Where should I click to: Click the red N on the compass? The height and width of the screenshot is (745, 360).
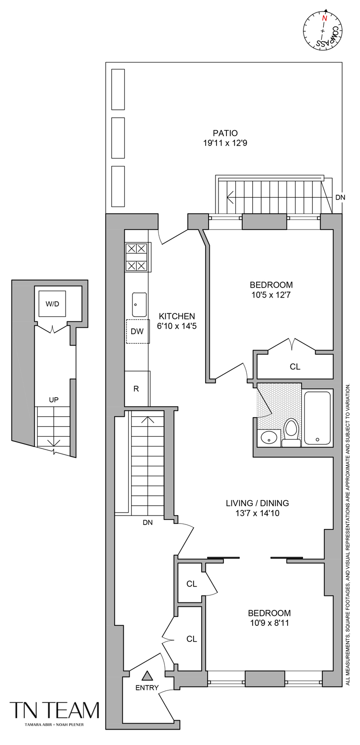point(324,18)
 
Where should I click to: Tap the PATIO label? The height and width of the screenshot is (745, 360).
point(225,133)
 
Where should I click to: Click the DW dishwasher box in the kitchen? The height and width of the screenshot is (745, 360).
point(137,331)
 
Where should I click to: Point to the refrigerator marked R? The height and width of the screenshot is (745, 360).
point(136,388)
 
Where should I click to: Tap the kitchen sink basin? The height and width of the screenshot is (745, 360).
point(139,304)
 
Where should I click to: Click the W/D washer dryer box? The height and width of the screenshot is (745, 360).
point(53,303)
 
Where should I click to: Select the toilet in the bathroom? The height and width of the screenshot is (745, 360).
point(291,430)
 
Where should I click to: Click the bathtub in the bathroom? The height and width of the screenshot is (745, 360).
point(317,418)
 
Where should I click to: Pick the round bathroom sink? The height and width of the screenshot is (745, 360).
point(269,438)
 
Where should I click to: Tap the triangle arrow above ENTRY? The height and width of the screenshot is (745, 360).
point(147,675)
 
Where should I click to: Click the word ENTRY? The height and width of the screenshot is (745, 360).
point(147,688)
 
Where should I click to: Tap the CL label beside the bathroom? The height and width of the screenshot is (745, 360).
point(295,367)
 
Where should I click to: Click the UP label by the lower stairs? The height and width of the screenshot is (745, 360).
point(54,399)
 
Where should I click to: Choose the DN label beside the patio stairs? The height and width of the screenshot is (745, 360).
point(340,197)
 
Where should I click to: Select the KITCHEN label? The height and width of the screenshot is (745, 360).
point(177,316)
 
